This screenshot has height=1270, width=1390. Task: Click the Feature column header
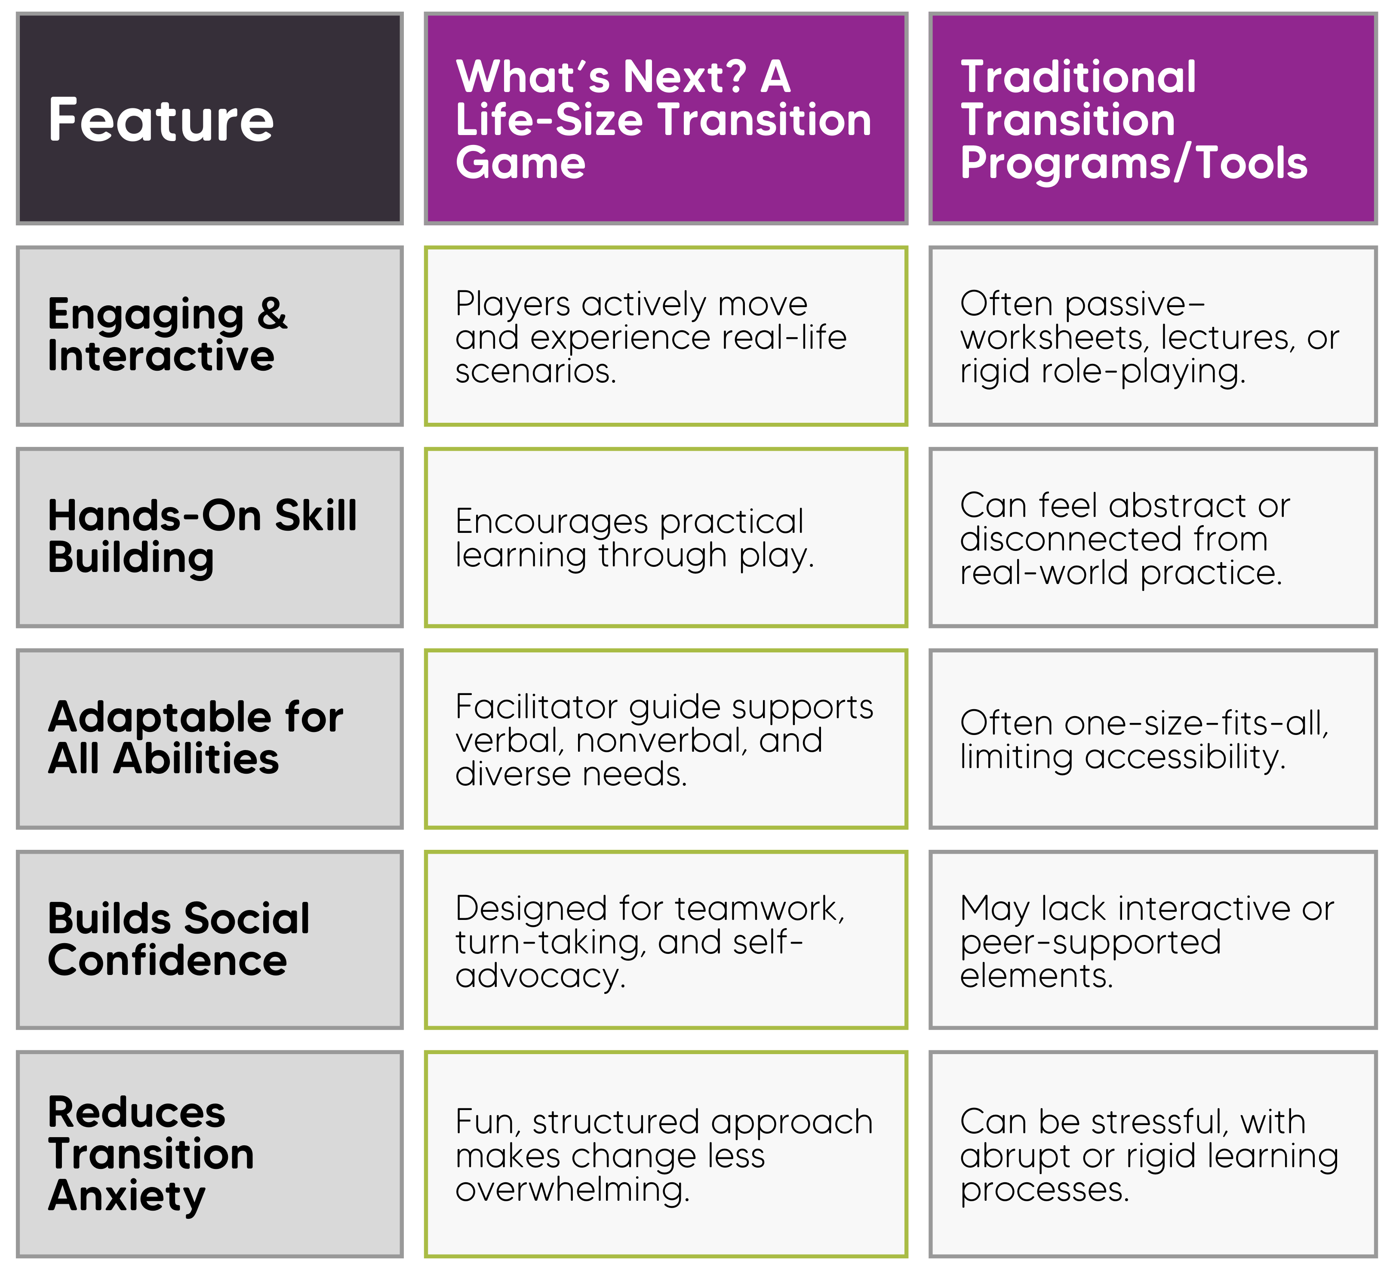pyautogui.click(x=161, y=120)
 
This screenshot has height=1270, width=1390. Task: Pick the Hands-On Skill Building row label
pyautogui.click(x=203, y=536)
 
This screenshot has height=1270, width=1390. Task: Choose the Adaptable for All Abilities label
pyautogui.click(x=196, y=738)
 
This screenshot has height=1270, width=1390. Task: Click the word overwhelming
pyautogui.click(x=572, y=1190)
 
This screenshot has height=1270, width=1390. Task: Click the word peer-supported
pyautogui.click(x=1091, y=943)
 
